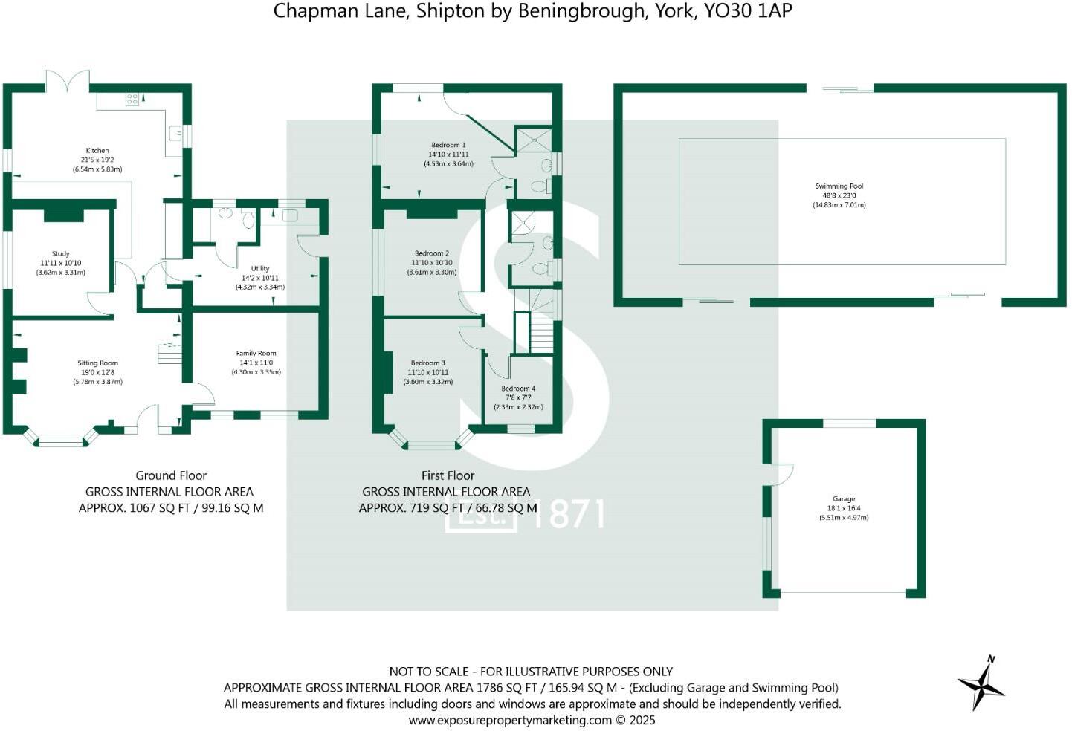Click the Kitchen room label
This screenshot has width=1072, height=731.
[x=97, y=150]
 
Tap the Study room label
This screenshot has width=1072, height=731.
[x=60, y=254]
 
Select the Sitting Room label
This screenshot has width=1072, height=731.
[x=97, y=363]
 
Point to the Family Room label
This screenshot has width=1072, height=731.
[x=256, y=354]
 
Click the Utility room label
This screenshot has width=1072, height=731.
[x=259, y=269]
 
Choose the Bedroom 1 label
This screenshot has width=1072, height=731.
[x=448, y=146]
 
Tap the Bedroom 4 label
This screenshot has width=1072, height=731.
[x=518, y=389]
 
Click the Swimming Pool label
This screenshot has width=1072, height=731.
[x=839, y=186]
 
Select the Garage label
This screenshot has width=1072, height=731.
[x=843, y=499]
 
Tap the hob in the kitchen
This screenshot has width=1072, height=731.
[x=132, y=99]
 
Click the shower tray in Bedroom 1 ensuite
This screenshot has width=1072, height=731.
[x=534, y=139]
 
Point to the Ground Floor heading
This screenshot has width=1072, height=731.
[x=171, y=475]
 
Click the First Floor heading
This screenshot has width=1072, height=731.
[x=448, y=475]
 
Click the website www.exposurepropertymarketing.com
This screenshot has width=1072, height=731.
[x=510, y=720]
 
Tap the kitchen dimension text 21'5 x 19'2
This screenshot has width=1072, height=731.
[x=97, y=160]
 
